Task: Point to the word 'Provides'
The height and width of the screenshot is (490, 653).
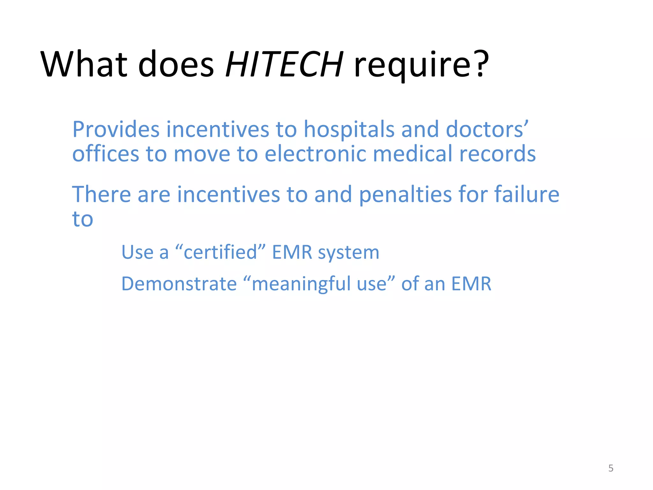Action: click(x=116, y=130)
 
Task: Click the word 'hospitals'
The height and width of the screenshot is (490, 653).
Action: click(x=349, y=130)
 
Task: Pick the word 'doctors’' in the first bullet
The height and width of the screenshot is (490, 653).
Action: click(x=487, y=130)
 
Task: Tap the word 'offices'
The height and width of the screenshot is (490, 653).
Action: click(x=106, y=154)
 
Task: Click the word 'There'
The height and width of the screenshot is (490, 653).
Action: click(x=101, y=194)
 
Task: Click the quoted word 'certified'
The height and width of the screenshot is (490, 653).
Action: click(x=220, y=252)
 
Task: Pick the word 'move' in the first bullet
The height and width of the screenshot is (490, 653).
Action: click(x=202, y=154)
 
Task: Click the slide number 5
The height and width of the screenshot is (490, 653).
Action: click(x=611, y=468)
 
